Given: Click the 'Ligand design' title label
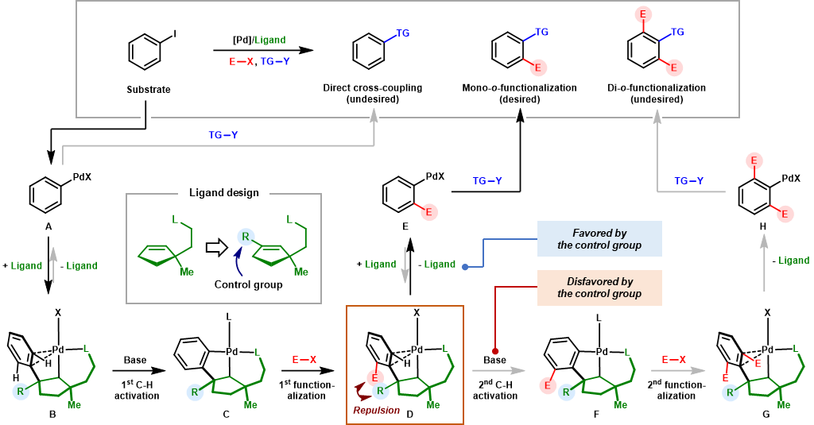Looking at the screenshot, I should [223, 192].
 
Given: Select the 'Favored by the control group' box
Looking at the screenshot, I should [599, 239].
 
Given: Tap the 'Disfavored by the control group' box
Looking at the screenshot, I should [599, 288].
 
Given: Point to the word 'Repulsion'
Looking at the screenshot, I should [376, 411].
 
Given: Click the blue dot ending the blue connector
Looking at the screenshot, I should [465, 267].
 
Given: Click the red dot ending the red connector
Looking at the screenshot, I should [495, 351].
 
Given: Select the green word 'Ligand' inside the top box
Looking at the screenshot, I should [270, 40].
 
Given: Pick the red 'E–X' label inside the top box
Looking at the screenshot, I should [242, 61].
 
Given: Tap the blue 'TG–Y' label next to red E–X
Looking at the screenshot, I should [275, 61].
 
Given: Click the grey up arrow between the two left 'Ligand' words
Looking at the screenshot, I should [53, 265].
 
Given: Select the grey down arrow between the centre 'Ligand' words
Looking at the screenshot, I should [405, 265].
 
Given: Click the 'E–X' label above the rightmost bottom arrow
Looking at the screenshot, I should [674, 360].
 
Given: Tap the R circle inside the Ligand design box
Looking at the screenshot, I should [246, 237].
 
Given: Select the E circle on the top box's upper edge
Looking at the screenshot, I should [643, 14].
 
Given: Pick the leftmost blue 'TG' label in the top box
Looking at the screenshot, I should [403, 33].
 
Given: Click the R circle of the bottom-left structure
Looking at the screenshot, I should [21, 391].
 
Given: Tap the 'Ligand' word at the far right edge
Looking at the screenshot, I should [794, 261].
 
